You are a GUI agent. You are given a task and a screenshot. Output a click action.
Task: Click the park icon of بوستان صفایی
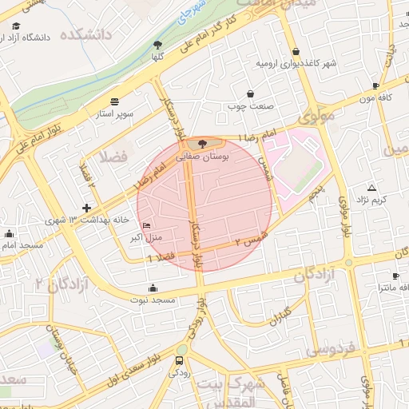coord(202,144)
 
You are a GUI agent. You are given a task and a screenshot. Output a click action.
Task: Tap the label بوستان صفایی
coord(202,158)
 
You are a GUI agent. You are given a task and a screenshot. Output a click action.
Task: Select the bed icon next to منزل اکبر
coord(145,226)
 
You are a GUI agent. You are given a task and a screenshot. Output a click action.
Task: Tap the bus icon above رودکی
coord(177,360)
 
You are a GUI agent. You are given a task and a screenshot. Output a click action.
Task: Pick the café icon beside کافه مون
coord(376,85)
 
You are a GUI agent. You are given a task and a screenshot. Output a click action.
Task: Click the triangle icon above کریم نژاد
coord(371,187)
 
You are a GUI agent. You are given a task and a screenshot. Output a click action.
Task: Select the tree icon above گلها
coord(157,46)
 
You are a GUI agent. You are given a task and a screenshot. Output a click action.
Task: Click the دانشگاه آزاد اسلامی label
coord(42,37)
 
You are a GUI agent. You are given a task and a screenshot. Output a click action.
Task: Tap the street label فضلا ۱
coord(162,256)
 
